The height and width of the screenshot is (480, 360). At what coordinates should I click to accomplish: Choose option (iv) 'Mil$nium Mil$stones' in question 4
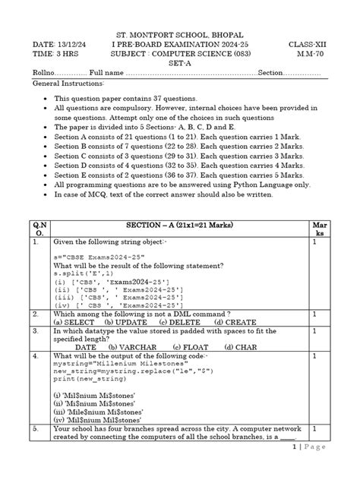coord(96,419)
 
